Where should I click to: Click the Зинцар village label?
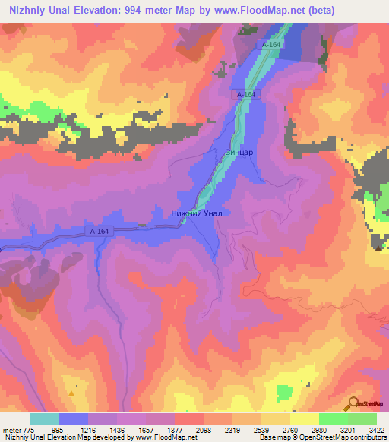click(x=239, y=151)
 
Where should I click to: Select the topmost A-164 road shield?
click(x=271, y=46)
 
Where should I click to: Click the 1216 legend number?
click(x=100, y=430)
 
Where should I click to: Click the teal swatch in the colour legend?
click(x=45, y=418)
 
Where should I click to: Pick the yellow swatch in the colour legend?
click(x=305, y=418)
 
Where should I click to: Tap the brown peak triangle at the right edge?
click(x=378, y=247)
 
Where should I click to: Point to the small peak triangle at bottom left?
click(x=71, y=393)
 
